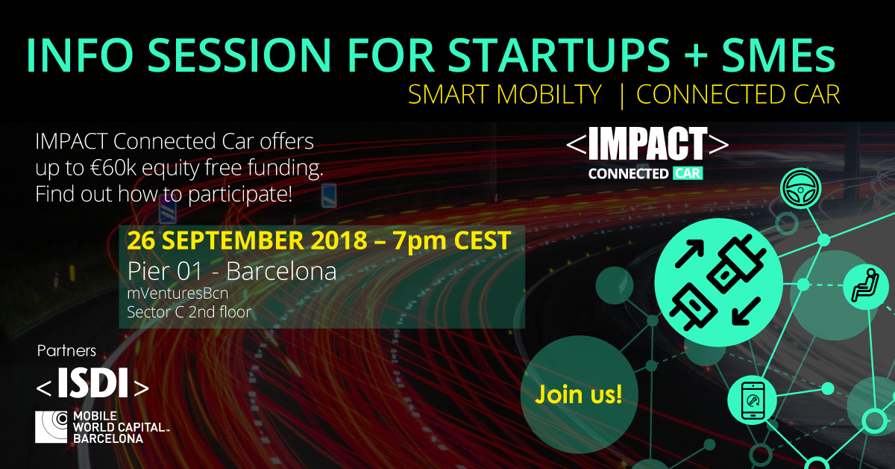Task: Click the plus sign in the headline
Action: tap(696, 56)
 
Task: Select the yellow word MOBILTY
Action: tap(550, 94)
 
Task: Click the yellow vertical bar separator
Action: tap(622, 96)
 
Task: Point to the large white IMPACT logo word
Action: tap(647, 143)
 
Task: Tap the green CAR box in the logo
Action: tap(688, 174)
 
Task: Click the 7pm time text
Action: tap(419, 241)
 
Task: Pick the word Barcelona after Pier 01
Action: tap(281, 271)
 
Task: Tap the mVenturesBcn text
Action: tap(178, 293)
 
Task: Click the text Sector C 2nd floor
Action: tap(189, 312)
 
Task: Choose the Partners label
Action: tap(66, 351)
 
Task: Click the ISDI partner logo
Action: tap(92, 383)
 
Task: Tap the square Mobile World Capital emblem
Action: tap(51, 427)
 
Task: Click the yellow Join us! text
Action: tap(579, 394)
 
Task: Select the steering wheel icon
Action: tap(801, 188)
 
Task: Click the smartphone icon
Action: tap(753, 400)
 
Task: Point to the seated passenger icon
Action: tap(866, 286)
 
